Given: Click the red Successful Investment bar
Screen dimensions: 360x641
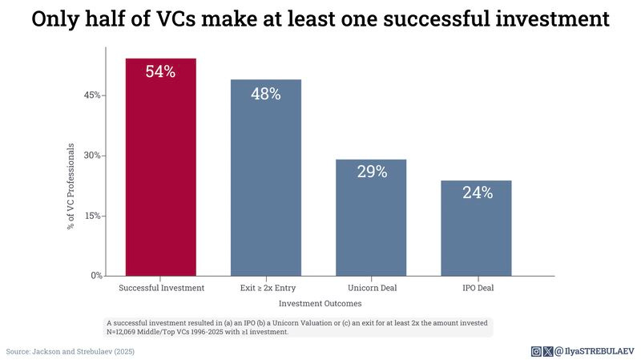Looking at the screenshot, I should click(x=160, y=176).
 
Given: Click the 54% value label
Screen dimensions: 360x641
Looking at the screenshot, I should click(x=160, y=71).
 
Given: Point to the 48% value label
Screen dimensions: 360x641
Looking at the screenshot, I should click(x=266, y=94).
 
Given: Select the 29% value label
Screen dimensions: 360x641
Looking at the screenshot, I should click(x=371, y=172).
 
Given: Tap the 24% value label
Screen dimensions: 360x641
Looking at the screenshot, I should click(x=476, y=192).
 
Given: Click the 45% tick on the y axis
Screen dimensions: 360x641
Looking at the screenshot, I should click(x=92, y=95).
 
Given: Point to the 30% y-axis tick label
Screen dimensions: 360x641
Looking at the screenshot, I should click(x=92, y=156).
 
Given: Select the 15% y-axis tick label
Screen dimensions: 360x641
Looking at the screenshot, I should click(x=92, y=216).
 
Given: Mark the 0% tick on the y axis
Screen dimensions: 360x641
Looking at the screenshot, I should click(x=95, y=276).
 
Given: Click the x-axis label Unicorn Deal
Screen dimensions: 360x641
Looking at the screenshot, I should click(x=372, y=287).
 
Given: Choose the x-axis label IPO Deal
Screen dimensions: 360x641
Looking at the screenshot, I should click(x=476, y=287).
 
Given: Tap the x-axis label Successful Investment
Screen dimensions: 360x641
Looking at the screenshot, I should click(x=161, y=287).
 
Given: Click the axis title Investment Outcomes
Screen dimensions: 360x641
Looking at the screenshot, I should click(x=320, y=304).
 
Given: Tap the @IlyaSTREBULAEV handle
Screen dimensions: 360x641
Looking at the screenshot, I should click(x=595, y=351).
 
